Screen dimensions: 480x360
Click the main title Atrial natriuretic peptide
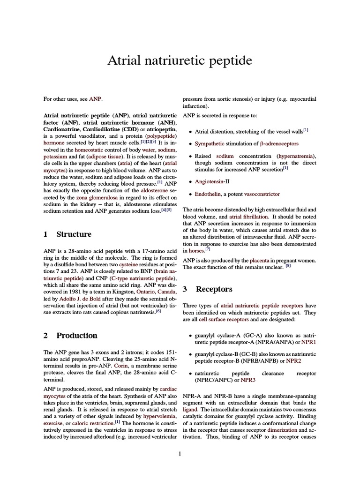(x=180, y=60)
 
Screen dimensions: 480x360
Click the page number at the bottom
(x=180, y=453)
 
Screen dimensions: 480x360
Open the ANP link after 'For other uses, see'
(x=95, y=99)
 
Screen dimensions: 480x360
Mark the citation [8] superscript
(x=288, y=266)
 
